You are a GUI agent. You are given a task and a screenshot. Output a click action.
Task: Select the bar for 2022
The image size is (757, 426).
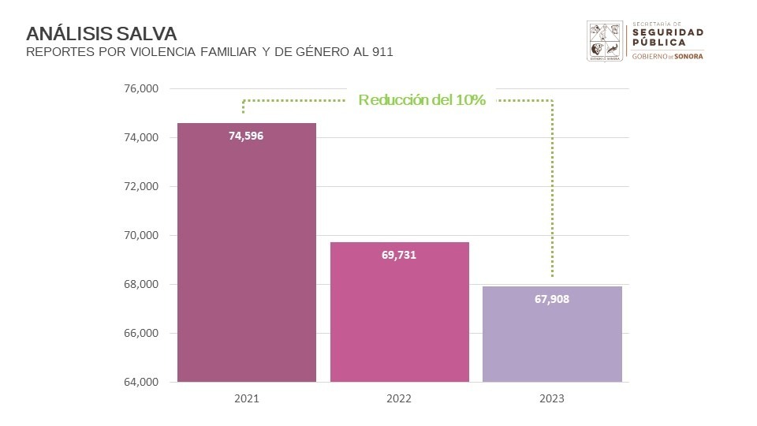399,316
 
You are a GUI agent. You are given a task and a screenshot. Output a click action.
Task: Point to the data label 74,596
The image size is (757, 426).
246,136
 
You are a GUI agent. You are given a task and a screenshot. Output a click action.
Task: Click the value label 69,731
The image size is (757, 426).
399,255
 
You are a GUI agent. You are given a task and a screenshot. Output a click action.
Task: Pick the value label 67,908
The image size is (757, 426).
552,299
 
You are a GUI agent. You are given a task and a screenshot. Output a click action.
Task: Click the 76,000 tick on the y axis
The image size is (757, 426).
142,89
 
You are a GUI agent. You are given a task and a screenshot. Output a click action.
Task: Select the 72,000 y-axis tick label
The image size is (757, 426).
142,187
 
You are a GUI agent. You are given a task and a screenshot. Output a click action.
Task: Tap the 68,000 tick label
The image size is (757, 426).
142,285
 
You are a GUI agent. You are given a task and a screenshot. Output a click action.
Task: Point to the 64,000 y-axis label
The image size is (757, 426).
142,383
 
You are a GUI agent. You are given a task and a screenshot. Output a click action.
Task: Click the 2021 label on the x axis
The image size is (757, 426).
246,399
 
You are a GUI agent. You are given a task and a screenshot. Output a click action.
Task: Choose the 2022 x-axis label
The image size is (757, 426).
399,399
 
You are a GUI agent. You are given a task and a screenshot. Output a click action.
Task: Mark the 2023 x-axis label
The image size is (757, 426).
552,399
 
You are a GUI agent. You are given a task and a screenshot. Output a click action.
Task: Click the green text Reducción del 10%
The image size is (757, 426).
421,100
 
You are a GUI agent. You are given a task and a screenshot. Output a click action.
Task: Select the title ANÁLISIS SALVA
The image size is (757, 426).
101,34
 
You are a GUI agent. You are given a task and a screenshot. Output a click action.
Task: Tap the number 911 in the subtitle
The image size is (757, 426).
382,53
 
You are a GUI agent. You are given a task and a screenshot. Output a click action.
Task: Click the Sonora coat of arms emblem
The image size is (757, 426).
606,41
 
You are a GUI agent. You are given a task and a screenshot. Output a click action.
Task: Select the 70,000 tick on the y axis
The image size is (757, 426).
142,236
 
